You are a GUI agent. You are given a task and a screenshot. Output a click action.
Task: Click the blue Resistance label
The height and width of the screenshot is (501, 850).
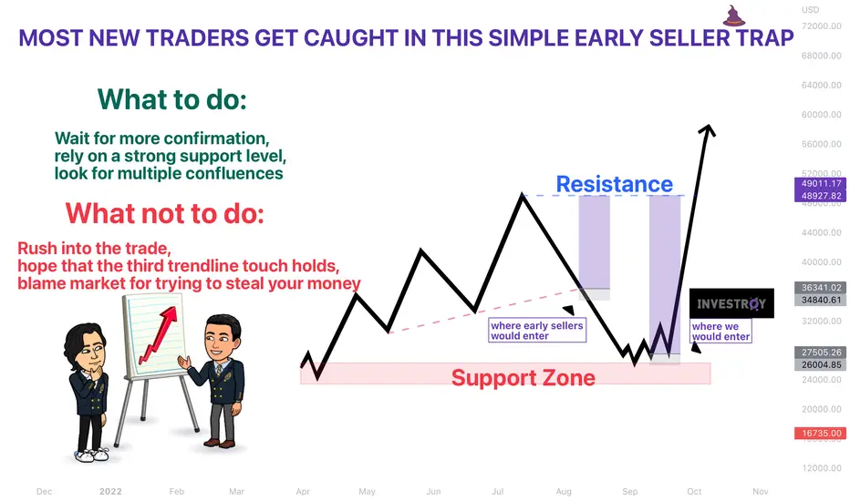tap(614, 184)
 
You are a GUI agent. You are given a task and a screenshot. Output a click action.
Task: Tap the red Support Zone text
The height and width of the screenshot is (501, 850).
tap(523, 377)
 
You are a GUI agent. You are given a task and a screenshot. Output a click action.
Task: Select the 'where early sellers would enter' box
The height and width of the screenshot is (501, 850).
tap(536, 330)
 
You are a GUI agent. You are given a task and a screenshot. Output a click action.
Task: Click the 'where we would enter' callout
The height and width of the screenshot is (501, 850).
tap(720, 331)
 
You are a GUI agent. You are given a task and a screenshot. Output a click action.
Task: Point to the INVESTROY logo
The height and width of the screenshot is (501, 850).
tap(731, 303)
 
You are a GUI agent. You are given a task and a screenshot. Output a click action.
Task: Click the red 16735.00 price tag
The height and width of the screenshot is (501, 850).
tap(820, 434)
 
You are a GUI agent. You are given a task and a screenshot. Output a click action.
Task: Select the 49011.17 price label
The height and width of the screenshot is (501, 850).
tap(820, 184)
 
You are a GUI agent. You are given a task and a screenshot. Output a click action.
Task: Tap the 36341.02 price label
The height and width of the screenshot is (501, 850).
tap(820, 288)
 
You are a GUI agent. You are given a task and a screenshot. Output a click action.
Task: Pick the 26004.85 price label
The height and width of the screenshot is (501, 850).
tap(820, 364)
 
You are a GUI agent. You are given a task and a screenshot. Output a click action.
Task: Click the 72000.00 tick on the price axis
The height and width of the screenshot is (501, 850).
tap(821, 26)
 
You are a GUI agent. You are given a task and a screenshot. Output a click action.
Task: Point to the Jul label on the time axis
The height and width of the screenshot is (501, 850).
tap(498, 491)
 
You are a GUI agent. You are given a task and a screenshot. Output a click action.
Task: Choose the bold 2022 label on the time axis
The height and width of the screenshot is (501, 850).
tap(110, 491)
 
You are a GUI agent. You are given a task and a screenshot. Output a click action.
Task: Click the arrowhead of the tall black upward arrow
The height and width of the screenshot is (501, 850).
tap(708, 130)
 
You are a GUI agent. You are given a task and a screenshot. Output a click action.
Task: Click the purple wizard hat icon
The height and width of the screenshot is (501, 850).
tap(734, 16)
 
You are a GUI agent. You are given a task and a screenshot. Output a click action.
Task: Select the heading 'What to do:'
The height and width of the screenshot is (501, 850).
tap(172, 99)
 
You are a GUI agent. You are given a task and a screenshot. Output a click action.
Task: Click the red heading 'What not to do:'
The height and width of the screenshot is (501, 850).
tap(165, 213)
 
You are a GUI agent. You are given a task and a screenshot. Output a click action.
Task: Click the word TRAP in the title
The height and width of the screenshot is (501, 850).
tap(764, 38)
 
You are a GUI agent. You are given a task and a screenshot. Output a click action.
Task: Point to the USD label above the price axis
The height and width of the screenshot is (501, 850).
tap(811, 10)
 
